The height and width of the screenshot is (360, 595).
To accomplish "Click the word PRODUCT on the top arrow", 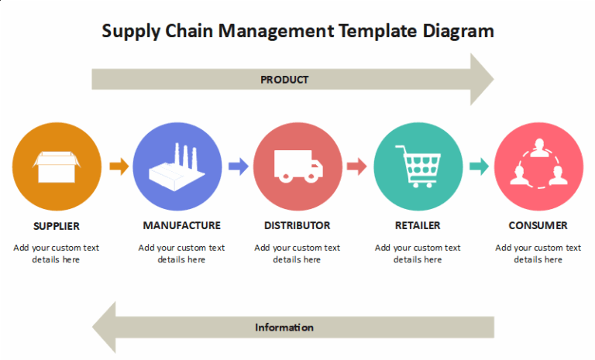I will [284, 80].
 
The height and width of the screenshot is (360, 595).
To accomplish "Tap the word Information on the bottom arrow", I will [284, 327].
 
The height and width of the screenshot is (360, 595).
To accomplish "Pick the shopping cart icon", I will [418, 166].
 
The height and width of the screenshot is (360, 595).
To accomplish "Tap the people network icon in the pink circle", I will [538, 166].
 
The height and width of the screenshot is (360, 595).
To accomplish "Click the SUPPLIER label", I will [57, 226].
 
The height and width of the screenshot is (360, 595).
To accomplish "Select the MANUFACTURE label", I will [182, 225].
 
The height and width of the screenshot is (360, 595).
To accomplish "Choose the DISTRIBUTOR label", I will [297, 225].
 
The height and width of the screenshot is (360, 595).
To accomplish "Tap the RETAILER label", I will [418, 225].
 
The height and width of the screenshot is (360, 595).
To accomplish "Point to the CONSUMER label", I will [538, 225].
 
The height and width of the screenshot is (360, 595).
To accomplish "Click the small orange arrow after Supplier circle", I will [119, 166].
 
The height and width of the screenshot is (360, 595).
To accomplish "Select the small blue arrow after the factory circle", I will [238, 166].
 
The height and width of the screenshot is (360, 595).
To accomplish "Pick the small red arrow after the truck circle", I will [356, 166].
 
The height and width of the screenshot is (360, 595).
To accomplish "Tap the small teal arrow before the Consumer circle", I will [479, 166].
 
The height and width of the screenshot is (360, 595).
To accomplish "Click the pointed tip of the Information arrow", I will [95, 327].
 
